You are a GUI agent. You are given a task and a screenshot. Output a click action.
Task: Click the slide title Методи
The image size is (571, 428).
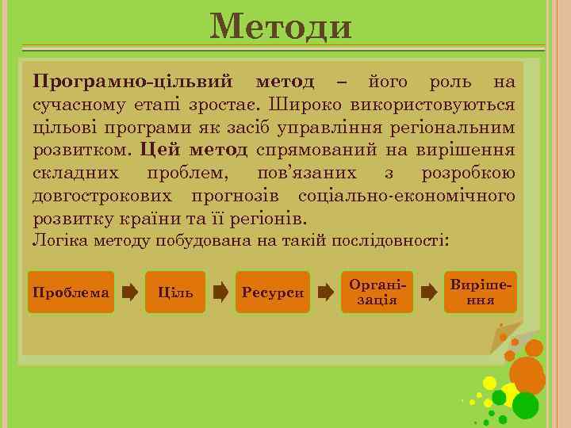pos(281,28)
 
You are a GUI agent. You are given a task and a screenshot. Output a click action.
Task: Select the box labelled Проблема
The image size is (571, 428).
pos(71,292)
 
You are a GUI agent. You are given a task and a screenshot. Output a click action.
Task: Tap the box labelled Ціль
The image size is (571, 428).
pos(176,292)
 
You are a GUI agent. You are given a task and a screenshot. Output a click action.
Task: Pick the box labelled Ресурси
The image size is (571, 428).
pos(274,292)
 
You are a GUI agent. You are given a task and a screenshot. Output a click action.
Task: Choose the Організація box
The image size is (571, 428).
pos(377,292)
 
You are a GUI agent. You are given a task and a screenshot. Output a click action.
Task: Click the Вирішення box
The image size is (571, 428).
pos(481,292)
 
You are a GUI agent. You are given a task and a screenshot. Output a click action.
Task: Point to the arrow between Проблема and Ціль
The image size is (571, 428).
pos(128,292)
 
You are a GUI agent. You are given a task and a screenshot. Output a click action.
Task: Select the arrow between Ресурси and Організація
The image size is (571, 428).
pos(325,292)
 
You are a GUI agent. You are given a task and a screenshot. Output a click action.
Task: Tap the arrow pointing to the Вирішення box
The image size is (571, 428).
pos(428,292)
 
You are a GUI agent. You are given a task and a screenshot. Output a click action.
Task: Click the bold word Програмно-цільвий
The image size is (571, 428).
pos(132,82)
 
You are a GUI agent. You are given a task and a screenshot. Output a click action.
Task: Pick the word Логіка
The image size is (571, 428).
pos(55,240)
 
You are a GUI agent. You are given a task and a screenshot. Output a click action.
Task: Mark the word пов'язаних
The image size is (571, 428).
pos(307,173)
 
